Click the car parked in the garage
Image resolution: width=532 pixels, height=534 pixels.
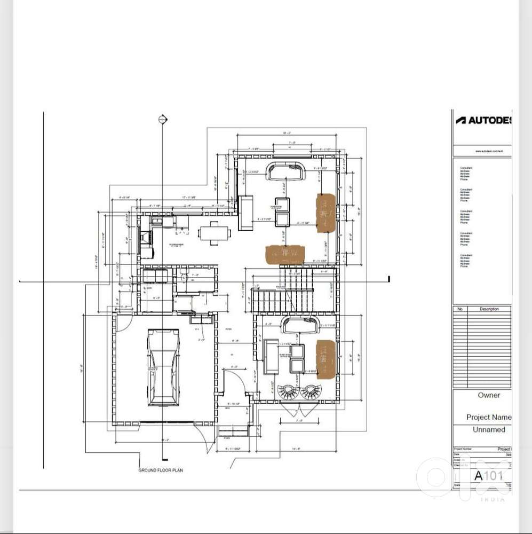[x=163, y=367]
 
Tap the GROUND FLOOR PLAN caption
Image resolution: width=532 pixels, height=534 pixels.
[x=161, y=470]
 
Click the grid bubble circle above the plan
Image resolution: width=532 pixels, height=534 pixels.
[x=163, y=120]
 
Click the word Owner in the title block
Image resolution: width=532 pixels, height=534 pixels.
[x=489, y=395]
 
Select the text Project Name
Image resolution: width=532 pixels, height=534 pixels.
[x=488, y=417]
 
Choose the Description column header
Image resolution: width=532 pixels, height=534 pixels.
[x=489, y=309]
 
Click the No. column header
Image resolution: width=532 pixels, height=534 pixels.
[x=460, y=309]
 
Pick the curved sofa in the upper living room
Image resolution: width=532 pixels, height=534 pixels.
[x=288, y=171]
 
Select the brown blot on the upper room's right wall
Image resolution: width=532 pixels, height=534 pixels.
[x=325, y=213]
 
